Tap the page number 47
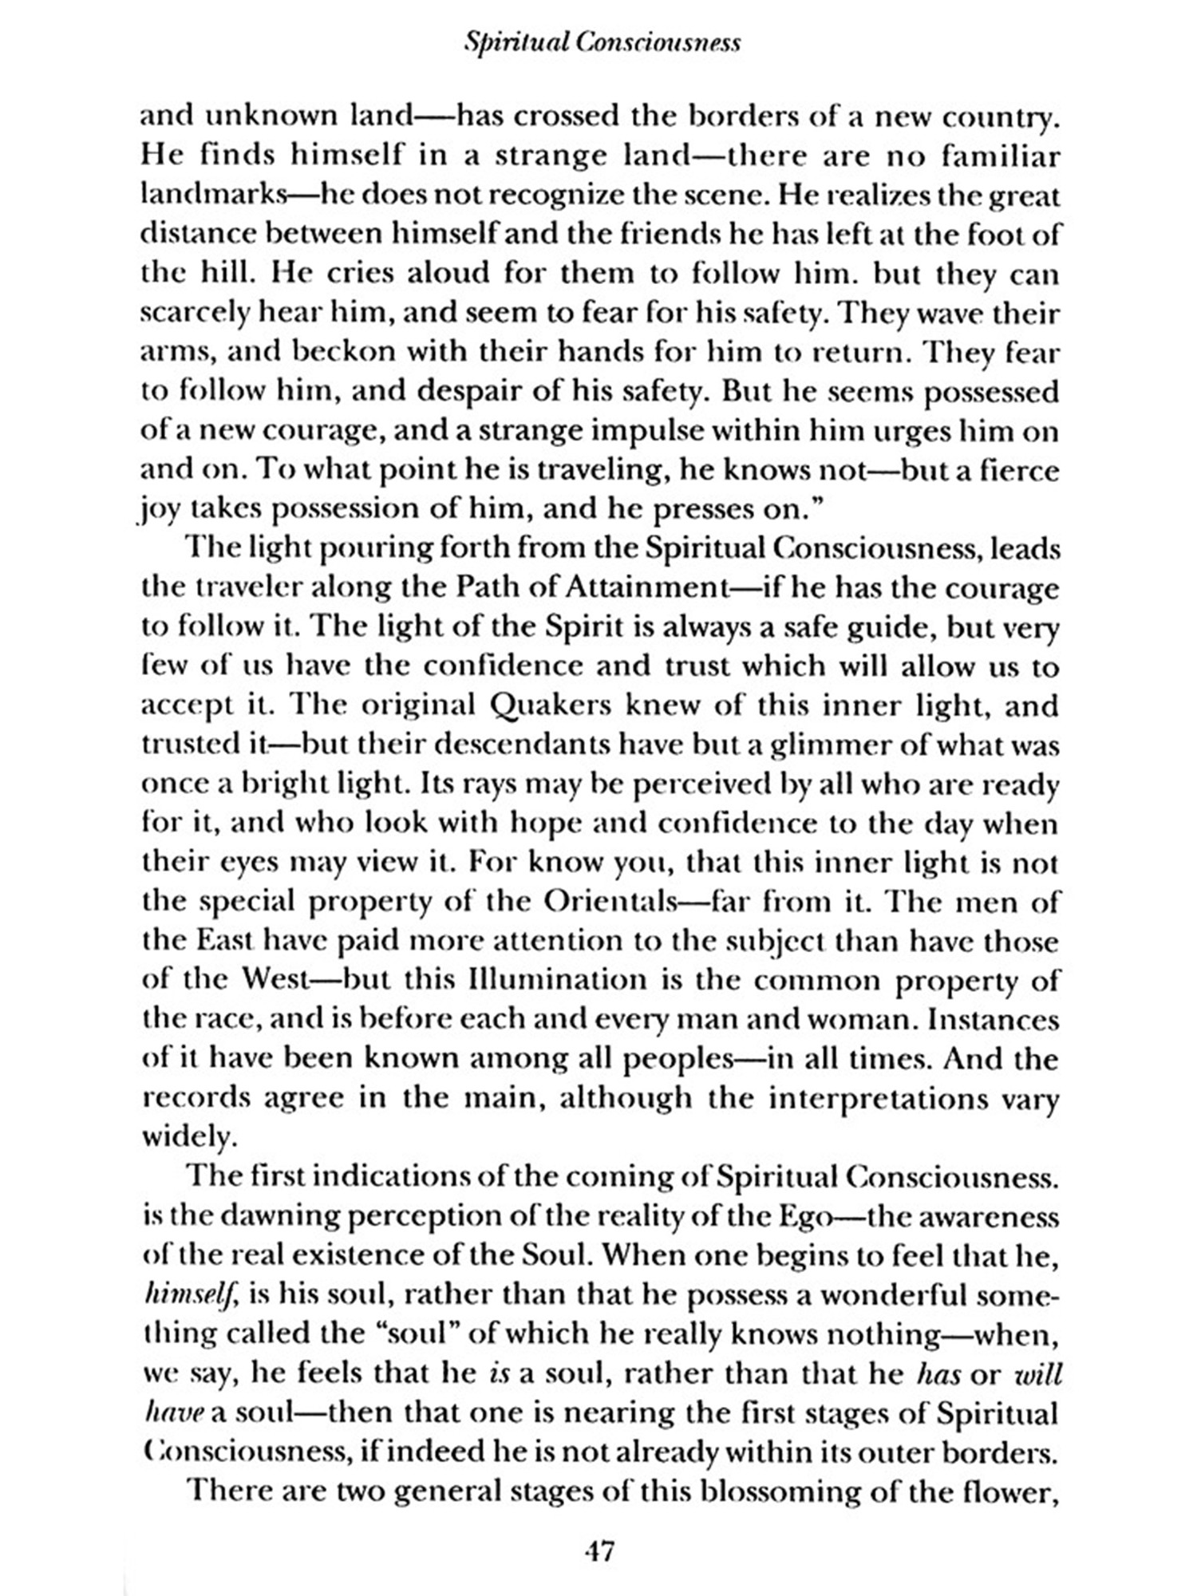coord(599,1551)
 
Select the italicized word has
coord(938,1373)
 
